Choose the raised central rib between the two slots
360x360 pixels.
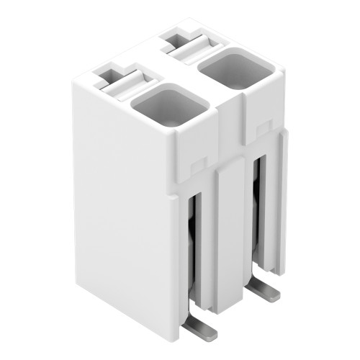pos(230,238)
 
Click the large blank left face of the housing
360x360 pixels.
pos(122,216)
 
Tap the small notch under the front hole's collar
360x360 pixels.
pos(195,168)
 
